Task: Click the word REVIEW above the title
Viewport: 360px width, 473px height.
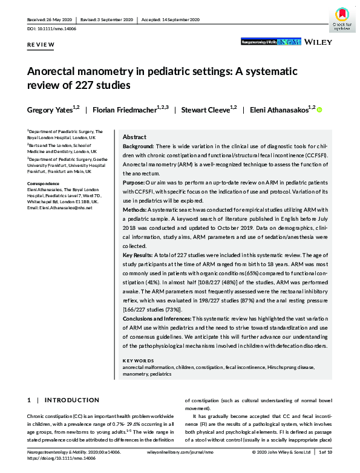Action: (x=41, y=45)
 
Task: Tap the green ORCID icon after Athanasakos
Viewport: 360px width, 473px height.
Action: (x=319, y=109)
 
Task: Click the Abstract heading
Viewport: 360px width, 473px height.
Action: (x=134, y=137)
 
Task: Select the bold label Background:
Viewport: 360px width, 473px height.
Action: (x=139, y=147)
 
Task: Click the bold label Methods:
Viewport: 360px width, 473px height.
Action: (x=137, y=207)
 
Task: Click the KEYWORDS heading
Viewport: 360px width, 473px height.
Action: (x=138, y=359)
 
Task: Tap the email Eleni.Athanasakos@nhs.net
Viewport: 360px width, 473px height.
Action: (x=59, y=208)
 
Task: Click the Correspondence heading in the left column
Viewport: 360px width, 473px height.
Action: (x=44, y=183)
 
